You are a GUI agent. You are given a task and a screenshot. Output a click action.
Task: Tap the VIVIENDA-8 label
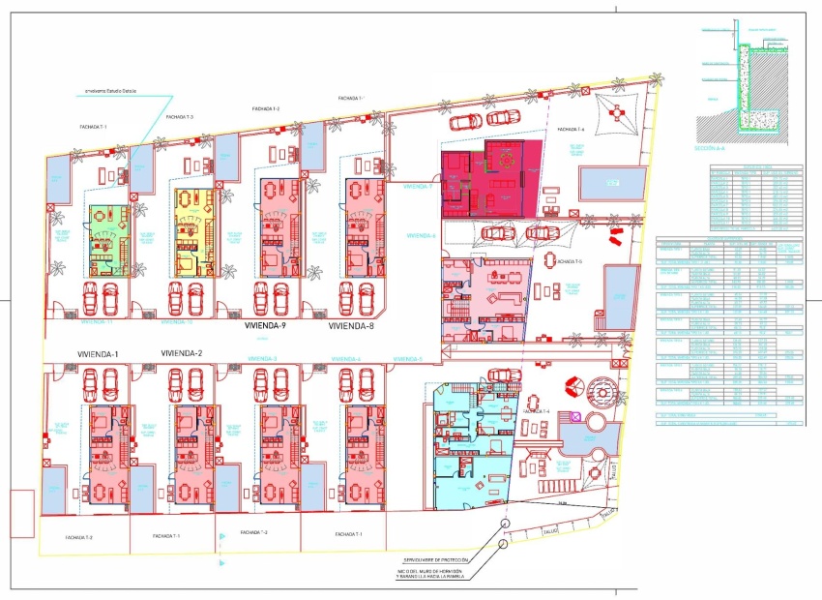point(351,327)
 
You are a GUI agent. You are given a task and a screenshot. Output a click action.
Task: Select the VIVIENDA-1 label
point(95,353)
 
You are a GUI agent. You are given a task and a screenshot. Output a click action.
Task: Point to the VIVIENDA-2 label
point(181,353)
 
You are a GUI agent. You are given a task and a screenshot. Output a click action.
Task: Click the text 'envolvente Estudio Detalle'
point(110,92)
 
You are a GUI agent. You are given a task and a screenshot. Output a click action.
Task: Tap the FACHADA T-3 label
point(180,117)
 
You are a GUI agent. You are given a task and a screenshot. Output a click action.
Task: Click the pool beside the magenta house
point(611,181)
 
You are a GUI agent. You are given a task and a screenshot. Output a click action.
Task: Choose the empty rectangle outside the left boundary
point(22,514)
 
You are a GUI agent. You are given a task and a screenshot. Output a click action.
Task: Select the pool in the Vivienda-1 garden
point(56,491)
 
